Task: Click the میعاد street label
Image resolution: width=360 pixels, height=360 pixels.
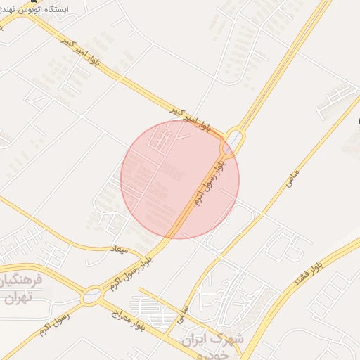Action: pos(120,248)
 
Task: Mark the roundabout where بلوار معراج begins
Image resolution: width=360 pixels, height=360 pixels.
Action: pos(91,297)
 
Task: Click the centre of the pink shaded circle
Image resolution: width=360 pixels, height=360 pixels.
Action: pos(180,179)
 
